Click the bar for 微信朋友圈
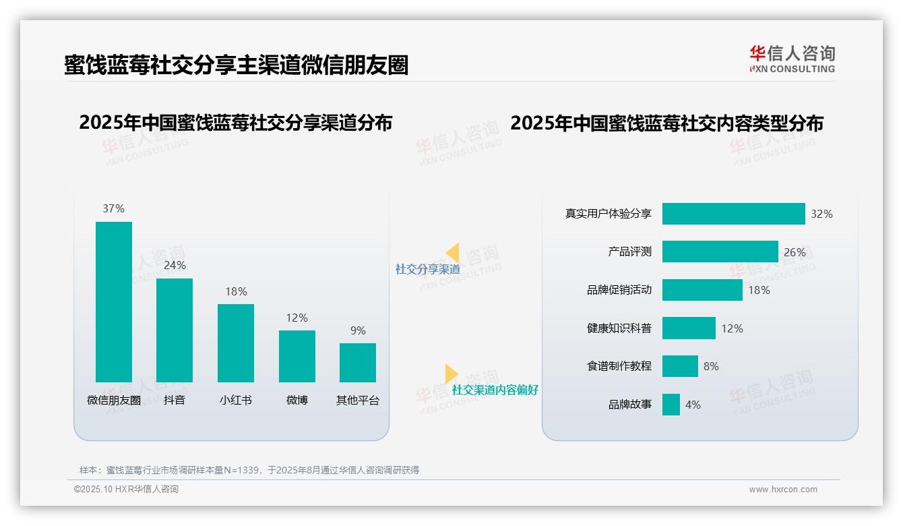[x=114, y=301]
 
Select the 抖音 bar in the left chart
[x=175, y=330]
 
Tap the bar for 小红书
[x=236, y=343]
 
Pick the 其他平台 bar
[x=358, y=362]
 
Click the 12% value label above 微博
[x=297, y=318]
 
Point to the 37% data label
[x=114, y=208]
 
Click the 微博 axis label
[x=297, y=400]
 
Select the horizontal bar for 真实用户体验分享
[x=733, y=214]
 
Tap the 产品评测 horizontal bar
[x=720, y=252]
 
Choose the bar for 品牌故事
[x=671, y=405]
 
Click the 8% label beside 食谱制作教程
[x=711, y=366]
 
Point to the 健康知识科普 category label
[x=619, y=328]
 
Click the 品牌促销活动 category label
[x=619, y=290]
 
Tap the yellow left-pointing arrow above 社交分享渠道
[x=452, y=253]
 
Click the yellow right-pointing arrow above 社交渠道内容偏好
[x=452, y=374]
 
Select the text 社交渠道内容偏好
[x=495, y=390]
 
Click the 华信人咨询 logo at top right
[x=792, y=59]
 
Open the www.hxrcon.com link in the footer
[x=783, y=490]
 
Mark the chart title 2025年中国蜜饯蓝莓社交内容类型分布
[x=666, y=123]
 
